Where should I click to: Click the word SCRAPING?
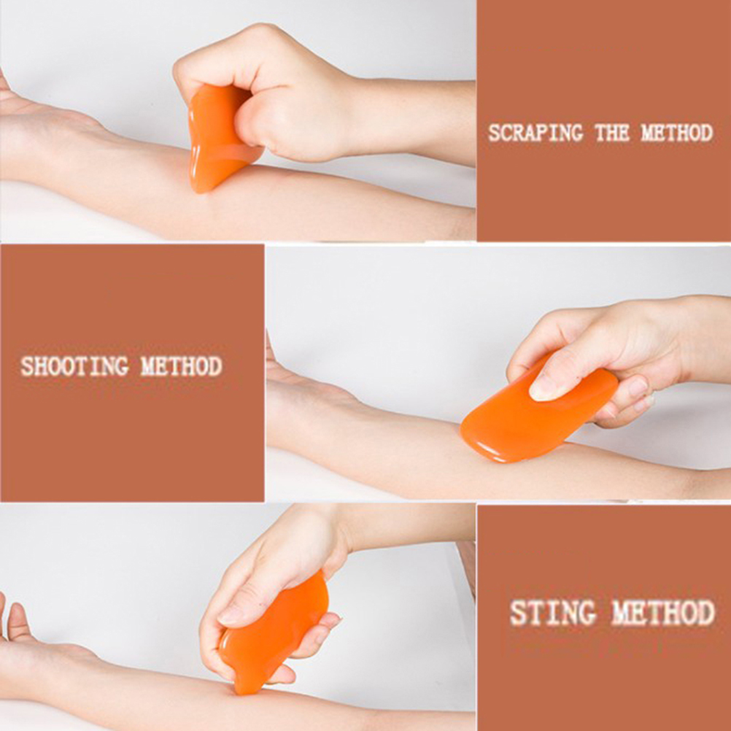(x=535, y=133)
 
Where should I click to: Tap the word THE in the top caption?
(x=612, y=133)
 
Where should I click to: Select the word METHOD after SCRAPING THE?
(x=677, y=133)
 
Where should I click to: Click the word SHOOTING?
(x=74, y=366)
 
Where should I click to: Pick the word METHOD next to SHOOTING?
(x=182, y=366)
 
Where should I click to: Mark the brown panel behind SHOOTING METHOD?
(x=132, y=373)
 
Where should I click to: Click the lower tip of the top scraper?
(x=198, y=189)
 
